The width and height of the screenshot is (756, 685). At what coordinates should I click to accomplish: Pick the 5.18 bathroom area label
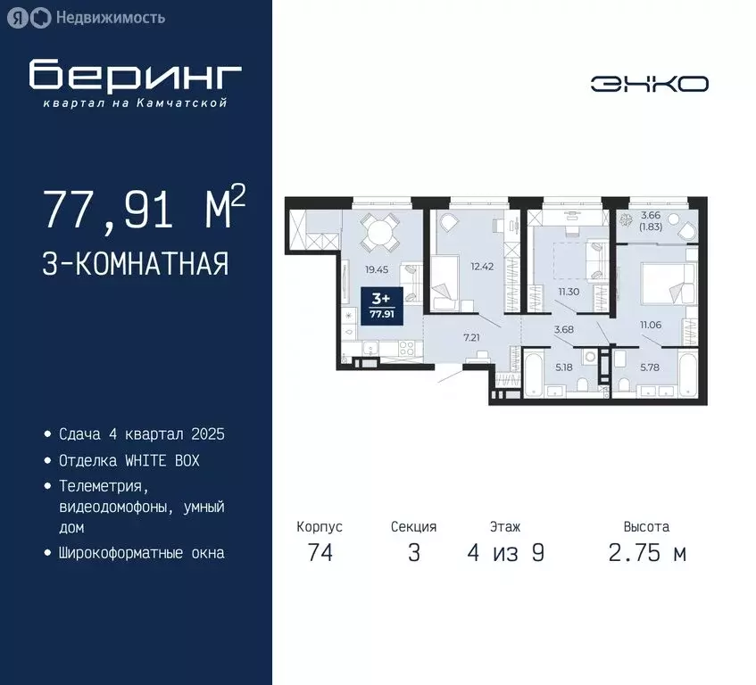(564, 367)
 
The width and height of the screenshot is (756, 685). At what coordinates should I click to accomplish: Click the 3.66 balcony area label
(651, 215)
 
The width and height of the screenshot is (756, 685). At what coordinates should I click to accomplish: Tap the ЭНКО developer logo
(649, 84)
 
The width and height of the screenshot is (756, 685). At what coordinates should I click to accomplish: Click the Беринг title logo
(135, 78)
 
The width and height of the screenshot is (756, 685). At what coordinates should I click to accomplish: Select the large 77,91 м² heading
(143, 210)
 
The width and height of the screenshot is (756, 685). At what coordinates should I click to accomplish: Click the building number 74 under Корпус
(320, 553)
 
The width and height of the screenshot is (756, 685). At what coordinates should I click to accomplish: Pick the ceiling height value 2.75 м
(647, 553)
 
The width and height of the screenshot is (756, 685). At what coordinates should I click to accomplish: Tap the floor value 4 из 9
(505, 553)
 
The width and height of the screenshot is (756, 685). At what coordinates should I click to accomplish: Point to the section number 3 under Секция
(413, 553)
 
